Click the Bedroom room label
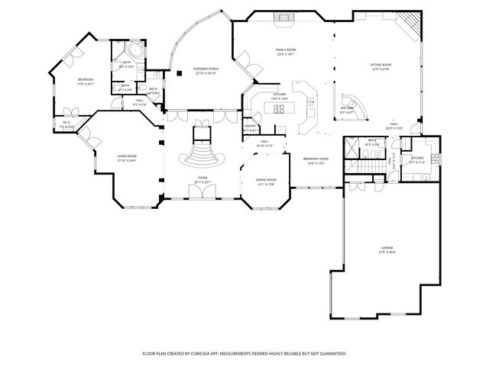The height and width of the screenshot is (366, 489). [85, 81]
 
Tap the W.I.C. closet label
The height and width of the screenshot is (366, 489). [66, 125]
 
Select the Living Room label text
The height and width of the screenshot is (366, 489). [126, 158]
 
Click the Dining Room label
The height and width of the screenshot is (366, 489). [266, 181]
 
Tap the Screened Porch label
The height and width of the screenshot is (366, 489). [206, 71]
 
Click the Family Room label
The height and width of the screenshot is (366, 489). [286, 52]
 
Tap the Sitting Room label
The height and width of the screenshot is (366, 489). [380, 68]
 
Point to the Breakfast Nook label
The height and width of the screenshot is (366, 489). [314, 160]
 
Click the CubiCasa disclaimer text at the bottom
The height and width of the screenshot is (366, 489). [244, 354]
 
